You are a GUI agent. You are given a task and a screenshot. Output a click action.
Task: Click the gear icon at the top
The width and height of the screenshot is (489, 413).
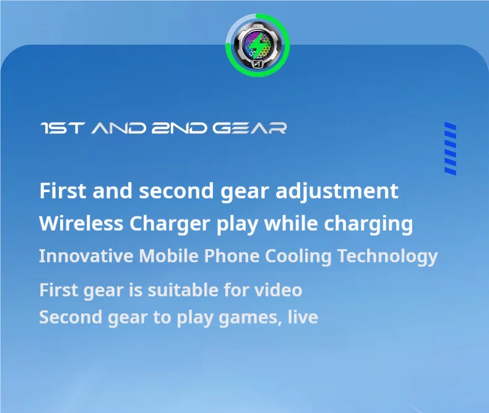click(x=257, y=44)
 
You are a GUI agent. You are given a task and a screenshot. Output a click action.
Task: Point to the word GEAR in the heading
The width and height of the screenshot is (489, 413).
click(x=249, y=128)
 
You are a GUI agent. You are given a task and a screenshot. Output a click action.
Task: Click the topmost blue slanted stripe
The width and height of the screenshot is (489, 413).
click(x=450, y=126)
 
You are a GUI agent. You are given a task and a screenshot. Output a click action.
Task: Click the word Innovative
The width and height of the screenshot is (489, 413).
click(x=86, y=256)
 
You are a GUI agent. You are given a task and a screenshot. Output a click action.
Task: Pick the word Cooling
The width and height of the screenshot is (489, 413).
click(x=298, y=256)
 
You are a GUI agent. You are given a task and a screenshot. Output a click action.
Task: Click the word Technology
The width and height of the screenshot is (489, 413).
click(x=387, y=256)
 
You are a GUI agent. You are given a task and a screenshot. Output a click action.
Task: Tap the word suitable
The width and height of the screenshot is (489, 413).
click(x=182, y=290)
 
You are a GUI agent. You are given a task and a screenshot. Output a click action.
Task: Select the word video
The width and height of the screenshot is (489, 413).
click(x=279, y=290)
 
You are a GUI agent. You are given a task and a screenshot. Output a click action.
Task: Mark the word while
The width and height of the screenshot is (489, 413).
click(x=291, y=223)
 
